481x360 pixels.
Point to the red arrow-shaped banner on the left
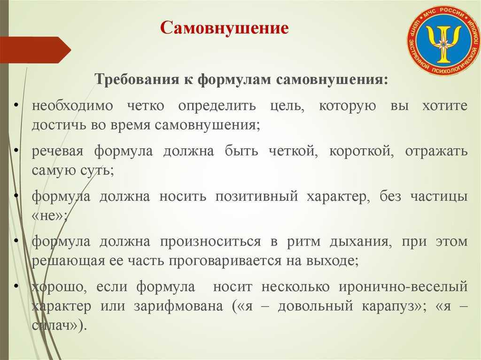(35, 50)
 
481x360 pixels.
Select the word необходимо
(72, 106)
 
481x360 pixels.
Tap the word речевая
(57, 152)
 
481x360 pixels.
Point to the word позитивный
(256, 197)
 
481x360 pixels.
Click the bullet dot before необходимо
(16, 105)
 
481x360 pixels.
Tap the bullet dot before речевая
(16, 150)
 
